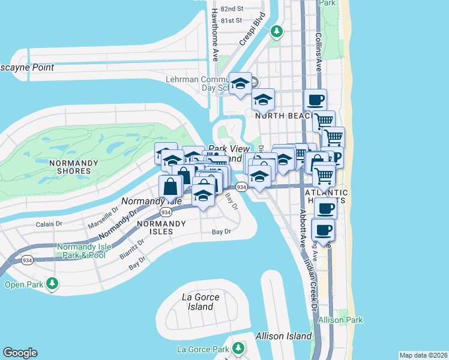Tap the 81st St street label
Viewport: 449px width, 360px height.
pyautogui.click(x=231, y=20)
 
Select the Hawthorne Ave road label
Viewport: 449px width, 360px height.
pyautogui.click(x=214, y=36)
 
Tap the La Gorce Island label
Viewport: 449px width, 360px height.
pyautogui.click(x=200, y=302)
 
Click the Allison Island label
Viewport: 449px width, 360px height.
pyautogui.click(x=284, y=336)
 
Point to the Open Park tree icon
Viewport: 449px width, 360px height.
pyautogui.click(x=52, y=283)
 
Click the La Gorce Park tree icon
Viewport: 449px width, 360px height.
pyautogui.click(x=239, y=348)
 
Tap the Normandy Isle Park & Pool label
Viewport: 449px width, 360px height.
pyautogui.click(x=81, y=251)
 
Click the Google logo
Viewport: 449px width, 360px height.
pyautogui.click(x=20, y=353)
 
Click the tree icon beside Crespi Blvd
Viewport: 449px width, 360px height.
pyautogui.click(x=276, y=30)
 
